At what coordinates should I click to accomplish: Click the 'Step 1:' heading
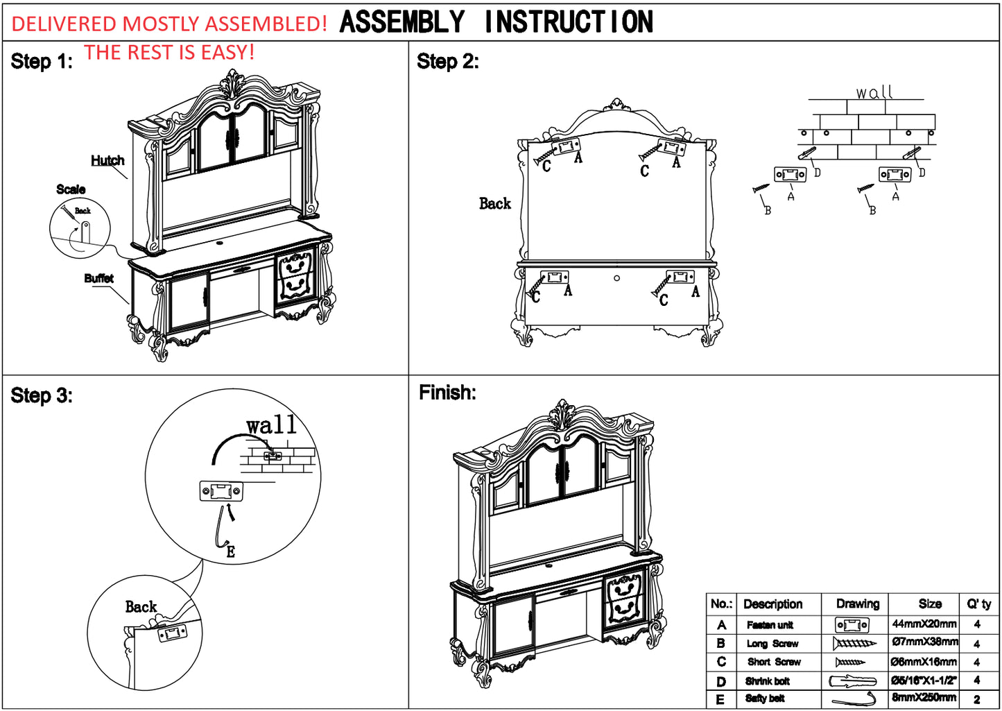tap(42, 62)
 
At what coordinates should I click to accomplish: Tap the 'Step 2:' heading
tap(447, 62)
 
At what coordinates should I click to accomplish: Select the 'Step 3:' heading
tap(42, 396)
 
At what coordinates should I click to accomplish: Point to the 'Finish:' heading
tap(447, 393)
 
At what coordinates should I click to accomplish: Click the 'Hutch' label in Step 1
tap(107, 160)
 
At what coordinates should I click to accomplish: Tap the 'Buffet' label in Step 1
tap(98, 278)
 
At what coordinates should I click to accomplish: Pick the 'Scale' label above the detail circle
tap(71, 189)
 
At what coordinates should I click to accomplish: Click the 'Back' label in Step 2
tap(494, 203)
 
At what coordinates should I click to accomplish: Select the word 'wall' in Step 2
tap(874, 92)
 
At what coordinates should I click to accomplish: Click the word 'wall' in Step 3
tap(271, 425)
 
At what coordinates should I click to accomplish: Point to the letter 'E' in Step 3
tap(231, 552)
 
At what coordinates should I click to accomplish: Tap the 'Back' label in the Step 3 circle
tap(141, 607)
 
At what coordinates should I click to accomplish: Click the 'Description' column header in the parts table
tap(772, 604)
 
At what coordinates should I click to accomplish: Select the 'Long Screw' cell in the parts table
tap(772, 644)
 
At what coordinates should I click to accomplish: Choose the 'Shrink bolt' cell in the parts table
tap(768, 681)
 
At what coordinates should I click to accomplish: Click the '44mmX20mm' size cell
tap(924, 624)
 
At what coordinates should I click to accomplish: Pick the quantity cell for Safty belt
tap(976, 699)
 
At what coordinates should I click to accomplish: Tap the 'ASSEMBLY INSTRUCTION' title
tap(496, 22)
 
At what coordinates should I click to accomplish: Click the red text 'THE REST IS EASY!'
tap(169, 53)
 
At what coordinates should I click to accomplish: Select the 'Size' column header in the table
tap(929, 604)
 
